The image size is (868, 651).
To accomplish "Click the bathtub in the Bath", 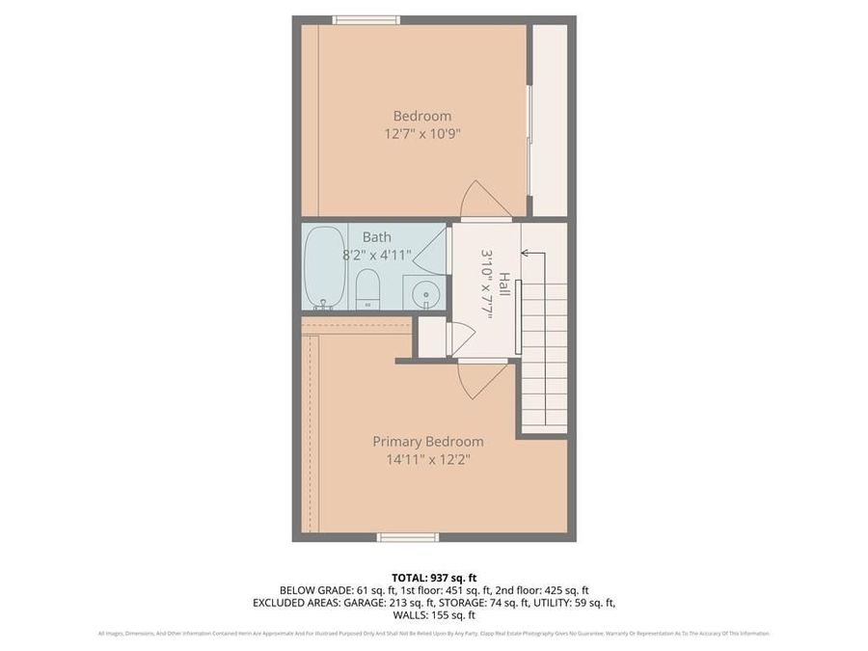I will [326, 267].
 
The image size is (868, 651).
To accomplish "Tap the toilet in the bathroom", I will [367, 288].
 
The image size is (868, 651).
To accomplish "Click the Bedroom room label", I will [421, 116].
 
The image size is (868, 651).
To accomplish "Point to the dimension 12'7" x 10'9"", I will [421, 135].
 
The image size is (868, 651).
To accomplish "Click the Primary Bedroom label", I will [428, 441].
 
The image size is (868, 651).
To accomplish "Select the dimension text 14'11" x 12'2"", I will [428, 459].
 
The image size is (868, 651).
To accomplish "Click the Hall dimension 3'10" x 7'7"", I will [487, 284].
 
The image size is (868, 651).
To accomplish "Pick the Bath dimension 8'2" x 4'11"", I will [377, 256].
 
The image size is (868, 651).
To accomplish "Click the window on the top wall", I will [366, 19].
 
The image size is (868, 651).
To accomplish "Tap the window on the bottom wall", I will [408, 537].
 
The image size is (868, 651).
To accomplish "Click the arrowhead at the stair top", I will [525, 254].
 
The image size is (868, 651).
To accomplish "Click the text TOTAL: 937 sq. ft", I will [433, 578].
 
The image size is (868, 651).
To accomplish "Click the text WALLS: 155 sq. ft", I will [433, 614].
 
